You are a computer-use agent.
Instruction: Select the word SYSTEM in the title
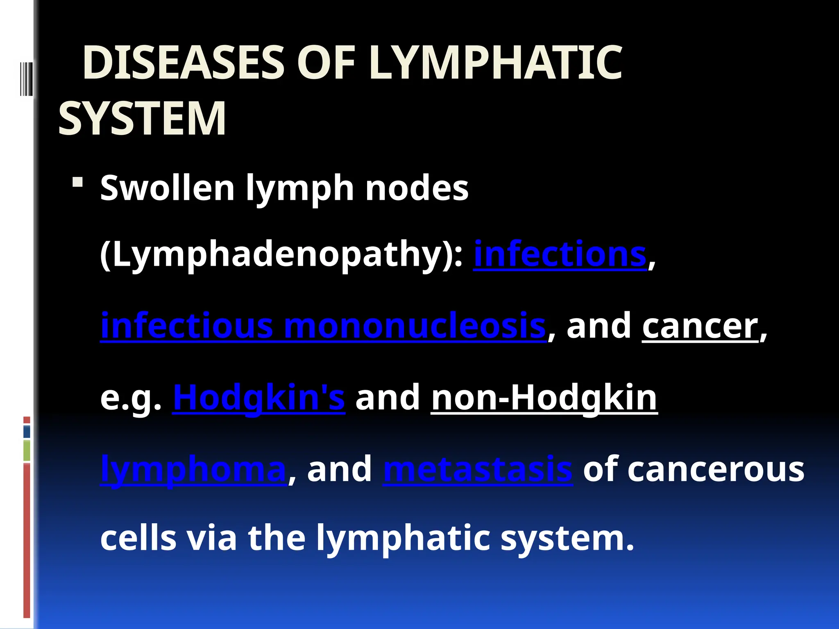tap(142, 119)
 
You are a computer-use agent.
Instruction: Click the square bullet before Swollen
tap(77, 182)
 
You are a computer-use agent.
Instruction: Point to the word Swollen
tap(167, 188)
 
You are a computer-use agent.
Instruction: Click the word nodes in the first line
tap(417, 188)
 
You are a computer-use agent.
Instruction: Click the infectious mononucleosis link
tap(323, 326)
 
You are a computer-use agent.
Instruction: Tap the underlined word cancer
tap(700, 326)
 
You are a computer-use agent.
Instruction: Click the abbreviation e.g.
tap(131, 398)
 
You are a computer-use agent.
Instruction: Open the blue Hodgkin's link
tap(259, 398)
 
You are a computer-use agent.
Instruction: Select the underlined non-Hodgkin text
tap(544, 398)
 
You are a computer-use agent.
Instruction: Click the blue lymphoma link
tap(193, 469)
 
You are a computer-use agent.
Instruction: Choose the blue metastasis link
tap(478, 469)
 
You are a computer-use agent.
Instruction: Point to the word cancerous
tap(716, 469)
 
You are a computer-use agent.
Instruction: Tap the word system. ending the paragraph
tap(567, 538)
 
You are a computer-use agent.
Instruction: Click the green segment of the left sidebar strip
tap(27, 450)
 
